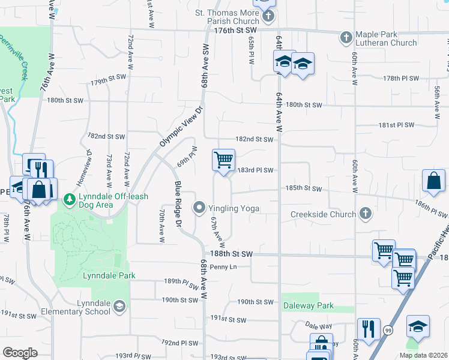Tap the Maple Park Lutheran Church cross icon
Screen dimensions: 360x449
tap(346, 38)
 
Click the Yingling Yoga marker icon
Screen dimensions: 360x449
tap(200, 208)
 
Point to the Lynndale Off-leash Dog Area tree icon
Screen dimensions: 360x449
tap(70, 199)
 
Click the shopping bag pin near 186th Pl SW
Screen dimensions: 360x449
tap(433, 181)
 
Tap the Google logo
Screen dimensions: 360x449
tap(20, 353)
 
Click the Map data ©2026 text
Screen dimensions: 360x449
tap(423, 355)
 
